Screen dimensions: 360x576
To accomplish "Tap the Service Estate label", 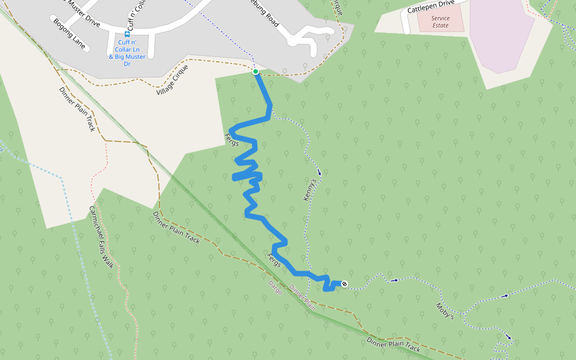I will [440, 22].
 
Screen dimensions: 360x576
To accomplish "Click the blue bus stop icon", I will [127, 34].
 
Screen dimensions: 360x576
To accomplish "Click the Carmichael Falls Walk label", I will [101, 236].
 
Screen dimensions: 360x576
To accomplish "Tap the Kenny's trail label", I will [310, 189].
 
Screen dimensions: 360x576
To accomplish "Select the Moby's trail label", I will [445, 311].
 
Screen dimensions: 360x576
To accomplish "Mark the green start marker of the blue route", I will [256, 71].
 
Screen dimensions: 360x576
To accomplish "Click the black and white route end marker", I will [344, 284].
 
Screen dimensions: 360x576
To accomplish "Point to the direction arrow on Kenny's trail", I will [319, 173].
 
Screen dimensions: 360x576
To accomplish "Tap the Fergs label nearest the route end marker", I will [274, 260].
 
